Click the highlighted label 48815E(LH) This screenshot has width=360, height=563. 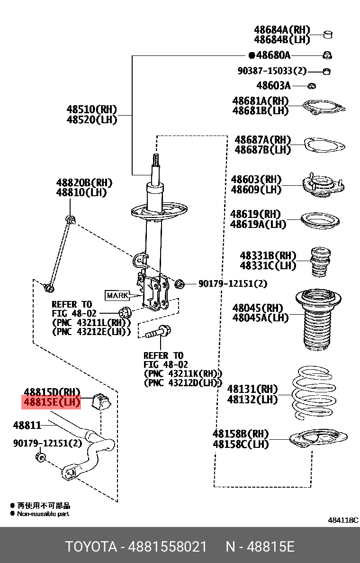[52, 403]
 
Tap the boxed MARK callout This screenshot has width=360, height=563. [117, 295]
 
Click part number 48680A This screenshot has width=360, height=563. [272, 55]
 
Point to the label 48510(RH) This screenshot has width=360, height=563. [91, 109]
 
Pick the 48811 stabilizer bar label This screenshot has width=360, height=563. [27, 425]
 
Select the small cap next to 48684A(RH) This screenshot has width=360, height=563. [328, 34]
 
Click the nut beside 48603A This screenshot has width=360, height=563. [312, 86]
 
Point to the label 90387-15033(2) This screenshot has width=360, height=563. [272, 71]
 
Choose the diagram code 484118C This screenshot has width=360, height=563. [343, 520]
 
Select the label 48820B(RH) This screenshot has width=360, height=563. [85, 182]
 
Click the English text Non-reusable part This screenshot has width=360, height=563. [43, 514]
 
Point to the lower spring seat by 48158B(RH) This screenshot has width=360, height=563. [317, 440]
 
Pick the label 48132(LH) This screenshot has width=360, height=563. [252, 400]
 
